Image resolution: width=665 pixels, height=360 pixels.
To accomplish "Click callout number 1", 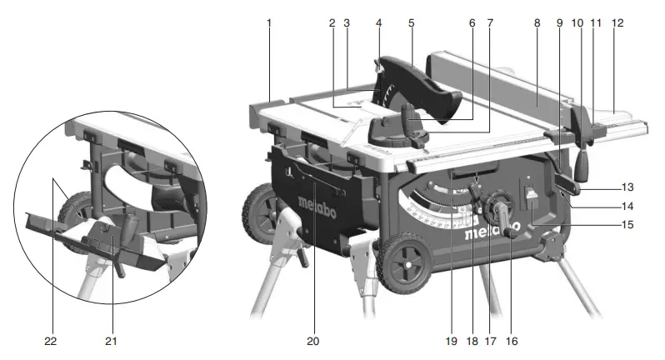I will pyautogui.click(x=269, y=24).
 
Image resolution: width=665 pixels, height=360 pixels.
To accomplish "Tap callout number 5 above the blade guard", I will pyautogui.click(x=411, y=24).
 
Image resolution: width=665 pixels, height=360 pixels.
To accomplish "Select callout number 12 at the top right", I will pyautogui.click(x=617, y=24).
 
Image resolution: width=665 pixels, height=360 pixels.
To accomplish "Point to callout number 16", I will pyautogui.click(x=512, y=341).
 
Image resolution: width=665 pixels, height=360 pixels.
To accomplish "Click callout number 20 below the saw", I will pyautogui.click(x=312, y=341).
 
